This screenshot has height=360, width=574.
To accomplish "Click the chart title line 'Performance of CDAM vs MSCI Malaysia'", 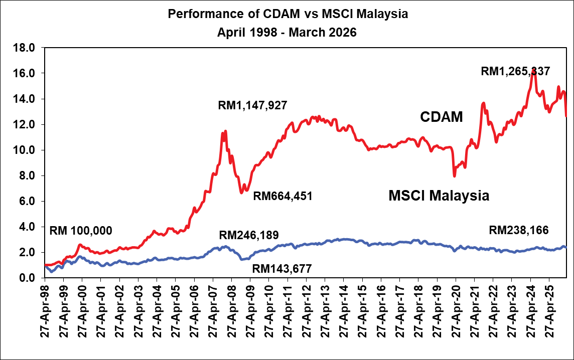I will tap(288, 14).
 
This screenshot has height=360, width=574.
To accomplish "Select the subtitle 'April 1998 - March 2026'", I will tap(287, 33).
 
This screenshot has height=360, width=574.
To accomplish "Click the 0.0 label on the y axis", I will tap(27, 278).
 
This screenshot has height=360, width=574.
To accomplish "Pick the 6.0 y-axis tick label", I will tap(27, 202).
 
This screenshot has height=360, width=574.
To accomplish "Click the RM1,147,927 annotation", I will tap(252, 106).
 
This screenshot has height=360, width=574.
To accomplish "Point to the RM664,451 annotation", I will tap(282, 196).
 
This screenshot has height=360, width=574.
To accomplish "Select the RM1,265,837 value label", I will tap(515, 72).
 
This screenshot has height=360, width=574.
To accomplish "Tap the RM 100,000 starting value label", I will tap(81, 231).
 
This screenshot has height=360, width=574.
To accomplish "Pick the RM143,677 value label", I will tap(282, 269).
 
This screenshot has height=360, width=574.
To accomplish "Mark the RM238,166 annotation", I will tap(518, 231).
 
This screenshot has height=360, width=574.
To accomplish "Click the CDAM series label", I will tap(441, 117).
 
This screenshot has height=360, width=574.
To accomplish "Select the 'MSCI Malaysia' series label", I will tap(439, 196).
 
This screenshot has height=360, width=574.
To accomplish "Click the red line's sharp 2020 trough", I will tap(455, 175).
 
